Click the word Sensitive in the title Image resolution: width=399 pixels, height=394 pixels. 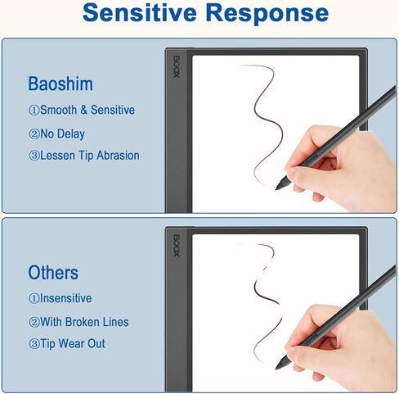coord(140,12)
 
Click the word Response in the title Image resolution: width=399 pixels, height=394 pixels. coord(267,12)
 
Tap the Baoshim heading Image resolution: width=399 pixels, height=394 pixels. coord(61,84)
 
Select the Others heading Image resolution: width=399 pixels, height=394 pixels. coord(53,272)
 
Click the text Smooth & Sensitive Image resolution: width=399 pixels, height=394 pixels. coord(87,110)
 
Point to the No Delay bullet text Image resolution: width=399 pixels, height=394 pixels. coord(63,134)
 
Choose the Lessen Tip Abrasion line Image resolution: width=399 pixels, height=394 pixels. coord(90,156)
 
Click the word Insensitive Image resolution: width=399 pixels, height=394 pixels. coord(65,298)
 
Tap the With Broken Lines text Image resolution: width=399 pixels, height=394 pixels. coord(84,322)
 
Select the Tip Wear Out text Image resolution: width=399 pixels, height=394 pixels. coord(73,343)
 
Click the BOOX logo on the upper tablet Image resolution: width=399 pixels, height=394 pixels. coord(177,67)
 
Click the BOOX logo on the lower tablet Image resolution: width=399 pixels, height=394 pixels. coord(177,246)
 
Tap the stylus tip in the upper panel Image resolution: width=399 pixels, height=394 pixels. coord(276,189)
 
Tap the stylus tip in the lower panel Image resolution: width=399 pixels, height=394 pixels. coord(276,368)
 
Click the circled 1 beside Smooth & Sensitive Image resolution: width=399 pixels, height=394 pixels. coord(34,111)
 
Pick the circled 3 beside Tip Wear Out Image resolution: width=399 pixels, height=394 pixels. coord(34,344)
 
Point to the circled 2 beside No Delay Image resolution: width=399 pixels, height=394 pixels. coord(34,134)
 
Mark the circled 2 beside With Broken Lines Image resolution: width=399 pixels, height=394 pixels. coord(34,322)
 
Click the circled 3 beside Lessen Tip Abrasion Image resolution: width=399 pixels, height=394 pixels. coord(34,156)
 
